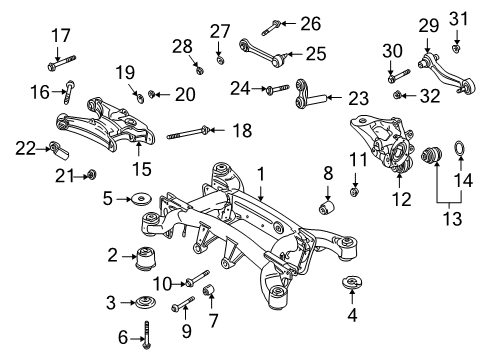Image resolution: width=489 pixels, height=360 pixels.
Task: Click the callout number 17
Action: [x=61, y=36]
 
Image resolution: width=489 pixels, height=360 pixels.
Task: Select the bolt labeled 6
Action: [x=146, y=335]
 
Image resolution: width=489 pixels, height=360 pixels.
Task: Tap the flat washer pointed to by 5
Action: [x=142, y=199]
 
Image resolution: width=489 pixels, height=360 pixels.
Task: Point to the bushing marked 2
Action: [x=146, y=259]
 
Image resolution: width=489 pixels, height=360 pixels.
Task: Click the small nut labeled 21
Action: [x=91, y=174]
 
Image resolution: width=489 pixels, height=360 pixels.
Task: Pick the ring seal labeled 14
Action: [x=460, y=148]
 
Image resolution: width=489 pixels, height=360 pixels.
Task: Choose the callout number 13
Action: [x=452, y=219]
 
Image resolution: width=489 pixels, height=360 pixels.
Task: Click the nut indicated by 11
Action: [x=355, y=192]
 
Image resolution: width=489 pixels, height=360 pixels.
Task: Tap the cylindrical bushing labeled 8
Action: [x=327, y=206]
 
